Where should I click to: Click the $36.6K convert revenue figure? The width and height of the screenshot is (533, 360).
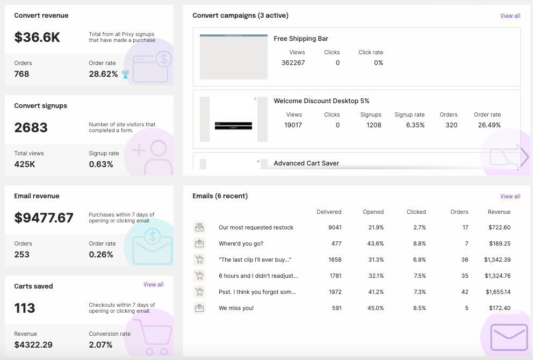37,37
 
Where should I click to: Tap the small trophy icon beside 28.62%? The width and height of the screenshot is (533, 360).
125,74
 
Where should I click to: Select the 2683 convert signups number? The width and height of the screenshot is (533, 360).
31,127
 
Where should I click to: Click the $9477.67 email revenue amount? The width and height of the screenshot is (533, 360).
44,218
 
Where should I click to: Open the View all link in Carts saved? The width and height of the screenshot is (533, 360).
153,284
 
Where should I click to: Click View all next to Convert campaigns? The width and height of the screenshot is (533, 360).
510,16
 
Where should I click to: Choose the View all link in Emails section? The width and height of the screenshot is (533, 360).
510,196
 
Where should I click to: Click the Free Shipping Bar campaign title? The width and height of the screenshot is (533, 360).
301,39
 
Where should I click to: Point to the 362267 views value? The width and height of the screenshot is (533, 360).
293,63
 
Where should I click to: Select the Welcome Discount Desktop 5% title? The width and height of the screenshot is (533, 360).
321,101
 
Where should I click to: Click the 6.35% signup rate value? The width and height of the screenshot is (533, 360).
415,125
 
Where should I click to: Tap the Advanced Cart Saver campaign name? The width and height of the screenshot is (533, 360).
306,163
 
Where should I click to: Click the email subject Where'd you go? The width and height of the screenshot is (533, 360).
241,243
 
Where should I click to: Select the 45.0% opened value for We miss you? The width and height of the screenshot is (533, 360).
375,308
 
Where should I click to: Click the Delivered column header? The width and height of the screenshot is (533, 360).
329,212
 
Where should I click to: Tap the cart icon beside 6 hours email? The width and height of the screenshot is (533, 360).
199,276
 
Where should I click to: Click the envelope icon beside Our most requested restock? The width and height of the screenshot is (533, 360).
199,227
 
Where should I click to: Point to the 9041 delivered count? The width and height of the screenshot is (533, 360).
335,227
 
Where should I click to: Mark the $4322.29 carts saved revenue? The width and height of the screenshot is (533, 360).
33,344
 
